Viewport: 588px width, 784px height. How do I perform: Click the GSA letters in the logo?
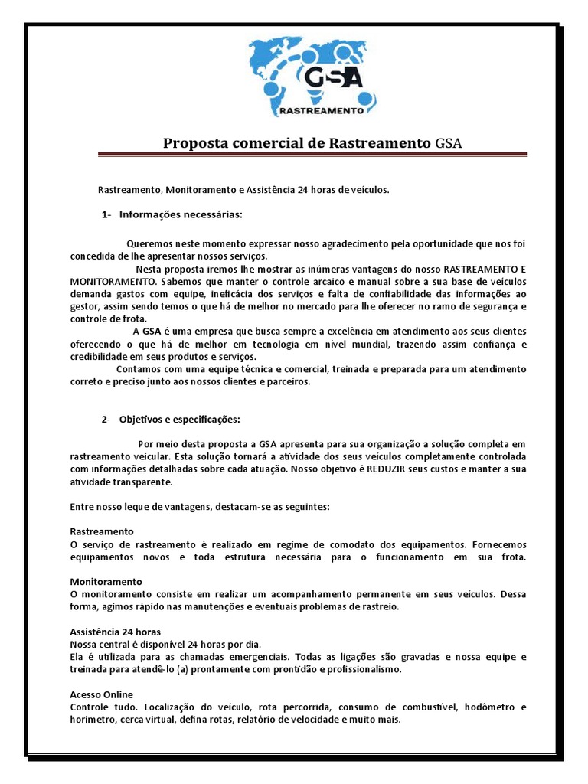pyautogui.click(x=334, y=78)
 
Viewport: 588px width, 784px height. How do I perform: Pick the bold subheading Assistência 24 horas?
pyautogui.click(x=104, y=632)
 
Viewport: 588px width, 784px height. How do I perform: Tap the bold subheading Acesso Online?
pyautogui.click(x=101, y=694)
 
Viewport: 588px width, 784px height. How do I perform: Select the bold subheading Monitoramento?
pyautogui.click(x=106, y=582)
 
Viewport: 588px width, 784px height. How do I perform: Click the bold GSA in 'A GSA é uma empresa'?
pyautogui.click(x=152, y=331)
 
